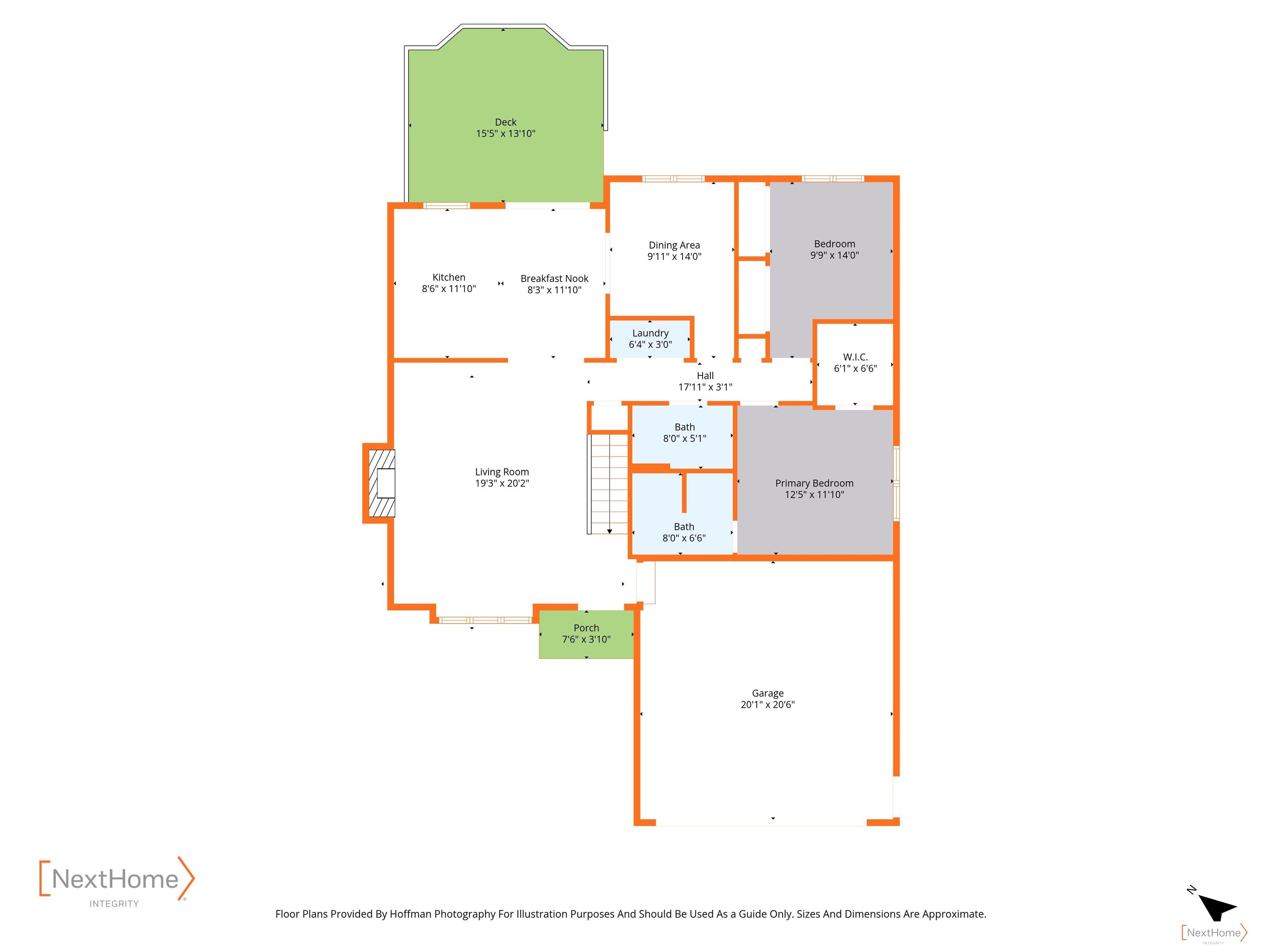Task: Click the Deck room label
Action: pos(505,122)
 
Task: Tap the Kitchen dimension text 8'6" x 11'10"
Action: pos(449,289)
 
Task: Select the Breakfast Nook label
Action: pos(554,278)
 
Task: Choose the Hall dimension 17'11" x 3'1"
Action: pos(705,387)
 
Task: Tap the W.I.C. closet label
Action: pos(855,357)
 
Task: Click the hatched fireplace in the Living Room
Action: pos(382,484)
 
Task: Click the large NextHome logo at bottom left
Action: pos(117,881)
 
